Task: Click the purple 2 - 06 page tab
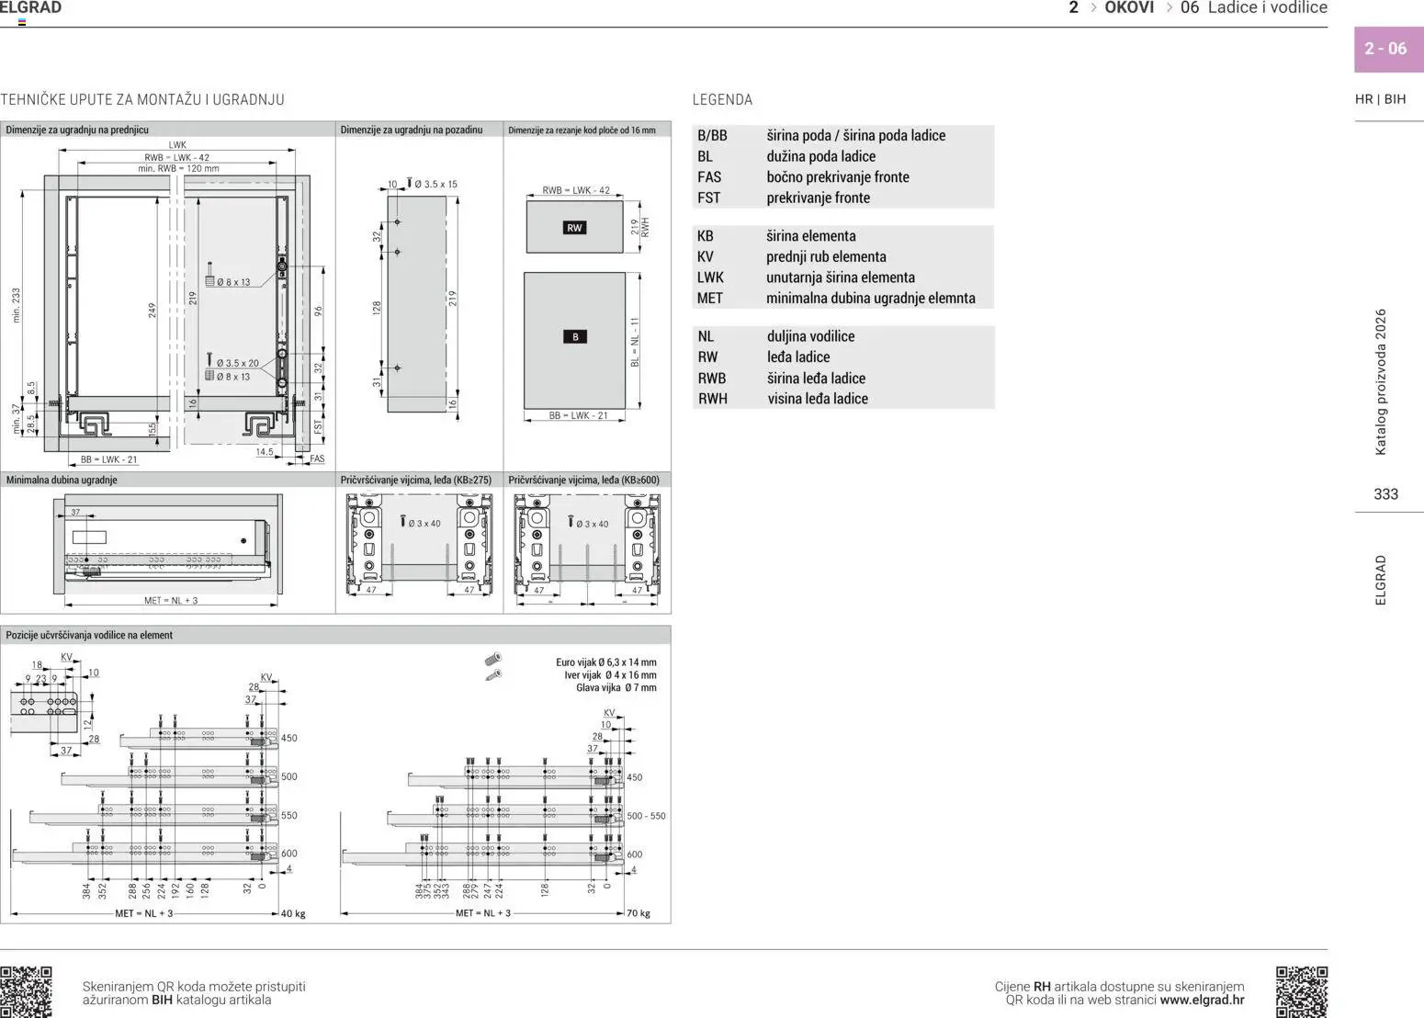click(x=1387, y=49)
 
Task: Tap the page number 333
click(x=1385, y=494)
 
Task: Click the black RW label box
click(x=574, y=228)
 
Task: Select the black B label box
click(x=575, y=337)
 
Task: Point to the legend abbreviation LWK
click(x=710, y=277)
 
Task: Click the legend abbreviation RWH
click(x=712, y=399)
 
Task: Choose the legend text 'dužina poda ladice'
click(x=820, y=156)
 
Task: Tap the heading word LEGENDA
click(x=722, y=99)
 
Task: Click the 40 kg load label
click(x=293, y=914)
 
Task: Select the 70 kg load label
click(x=638, y=913)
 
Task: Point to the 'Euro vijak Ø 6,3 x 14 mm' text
click(x=605, y=662)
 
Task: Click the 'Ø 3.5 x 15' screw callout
click(x=435, y=184)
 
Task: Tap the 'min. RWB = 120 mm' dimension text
click(x=178, y=169)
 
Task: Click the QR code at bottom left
click(x=26, y=991)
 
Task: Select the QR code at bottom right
click(x=1301, y=991)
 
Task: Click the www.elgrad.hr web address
click(x=1202, y=1001)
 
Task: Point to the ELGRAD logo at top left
click(x=30, y=8)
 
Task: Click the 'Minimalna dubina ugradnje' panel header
click(x=62, y=480)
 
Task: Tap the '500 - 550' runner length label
click(x=646, y=816)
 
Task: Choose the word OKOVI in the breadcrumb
click(x=1129, y=8)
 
